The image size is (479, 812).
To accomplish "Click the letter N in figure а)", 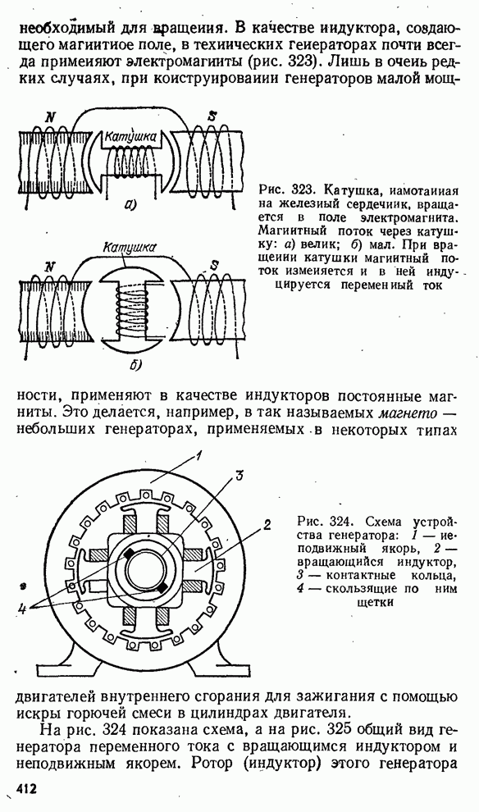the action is coord(50,117).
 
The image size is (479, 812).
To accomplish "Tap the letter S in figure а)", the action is coord(212,116).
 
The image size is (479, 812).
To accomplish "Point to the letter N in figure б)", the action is coord(50,267).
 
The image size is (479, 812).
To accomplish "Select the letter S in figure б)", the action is coord(213,267).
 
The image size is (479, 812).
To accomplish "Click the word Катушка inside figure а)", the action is coord(130,137).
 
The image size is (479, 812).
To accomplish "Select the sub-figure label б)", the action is coord(135,365).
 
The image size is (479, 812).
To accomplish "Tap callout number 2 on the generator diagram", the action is coord(267,525).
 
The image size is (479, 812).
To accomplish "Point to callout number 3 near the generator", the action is coord(239,477).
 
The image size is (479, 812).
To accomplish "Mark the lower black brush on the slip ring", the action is coord(163,587).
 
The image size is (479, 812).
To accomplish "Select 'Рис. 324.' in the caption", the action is coord(321,520).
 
